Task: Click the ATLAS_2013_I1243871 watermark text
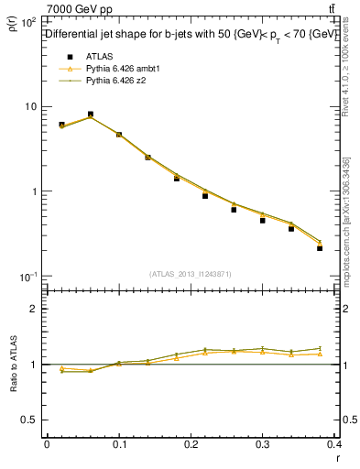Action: [x=191, y=274]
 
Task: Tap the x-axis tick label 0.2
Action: [x=191, y=444]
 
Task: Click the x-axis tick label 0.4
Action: [x=336, y=444]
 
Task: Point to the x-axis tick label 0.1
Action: [x=119, y=444]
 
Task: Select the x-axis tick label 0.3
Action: [x=264, y=444]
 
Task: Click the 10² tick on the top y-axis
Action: [x=29, y=21]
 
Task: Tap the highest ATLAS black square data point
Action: [x=90, y=115]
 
